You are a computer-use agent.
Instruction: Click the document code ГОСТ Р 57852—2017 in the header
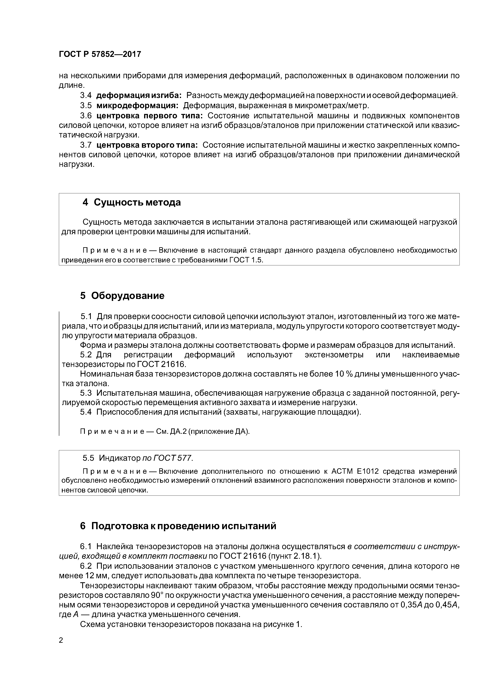coord(100,54)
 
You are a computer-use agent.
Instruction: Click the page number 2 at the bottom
coord(61,640)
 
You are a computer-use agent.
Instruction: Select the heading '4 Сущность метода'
coord(132,203)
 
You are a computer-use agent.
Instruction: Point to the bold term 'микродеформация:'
coord(138,106)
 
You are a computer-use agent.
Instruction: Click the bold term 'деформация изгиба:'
coord(139,95)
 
